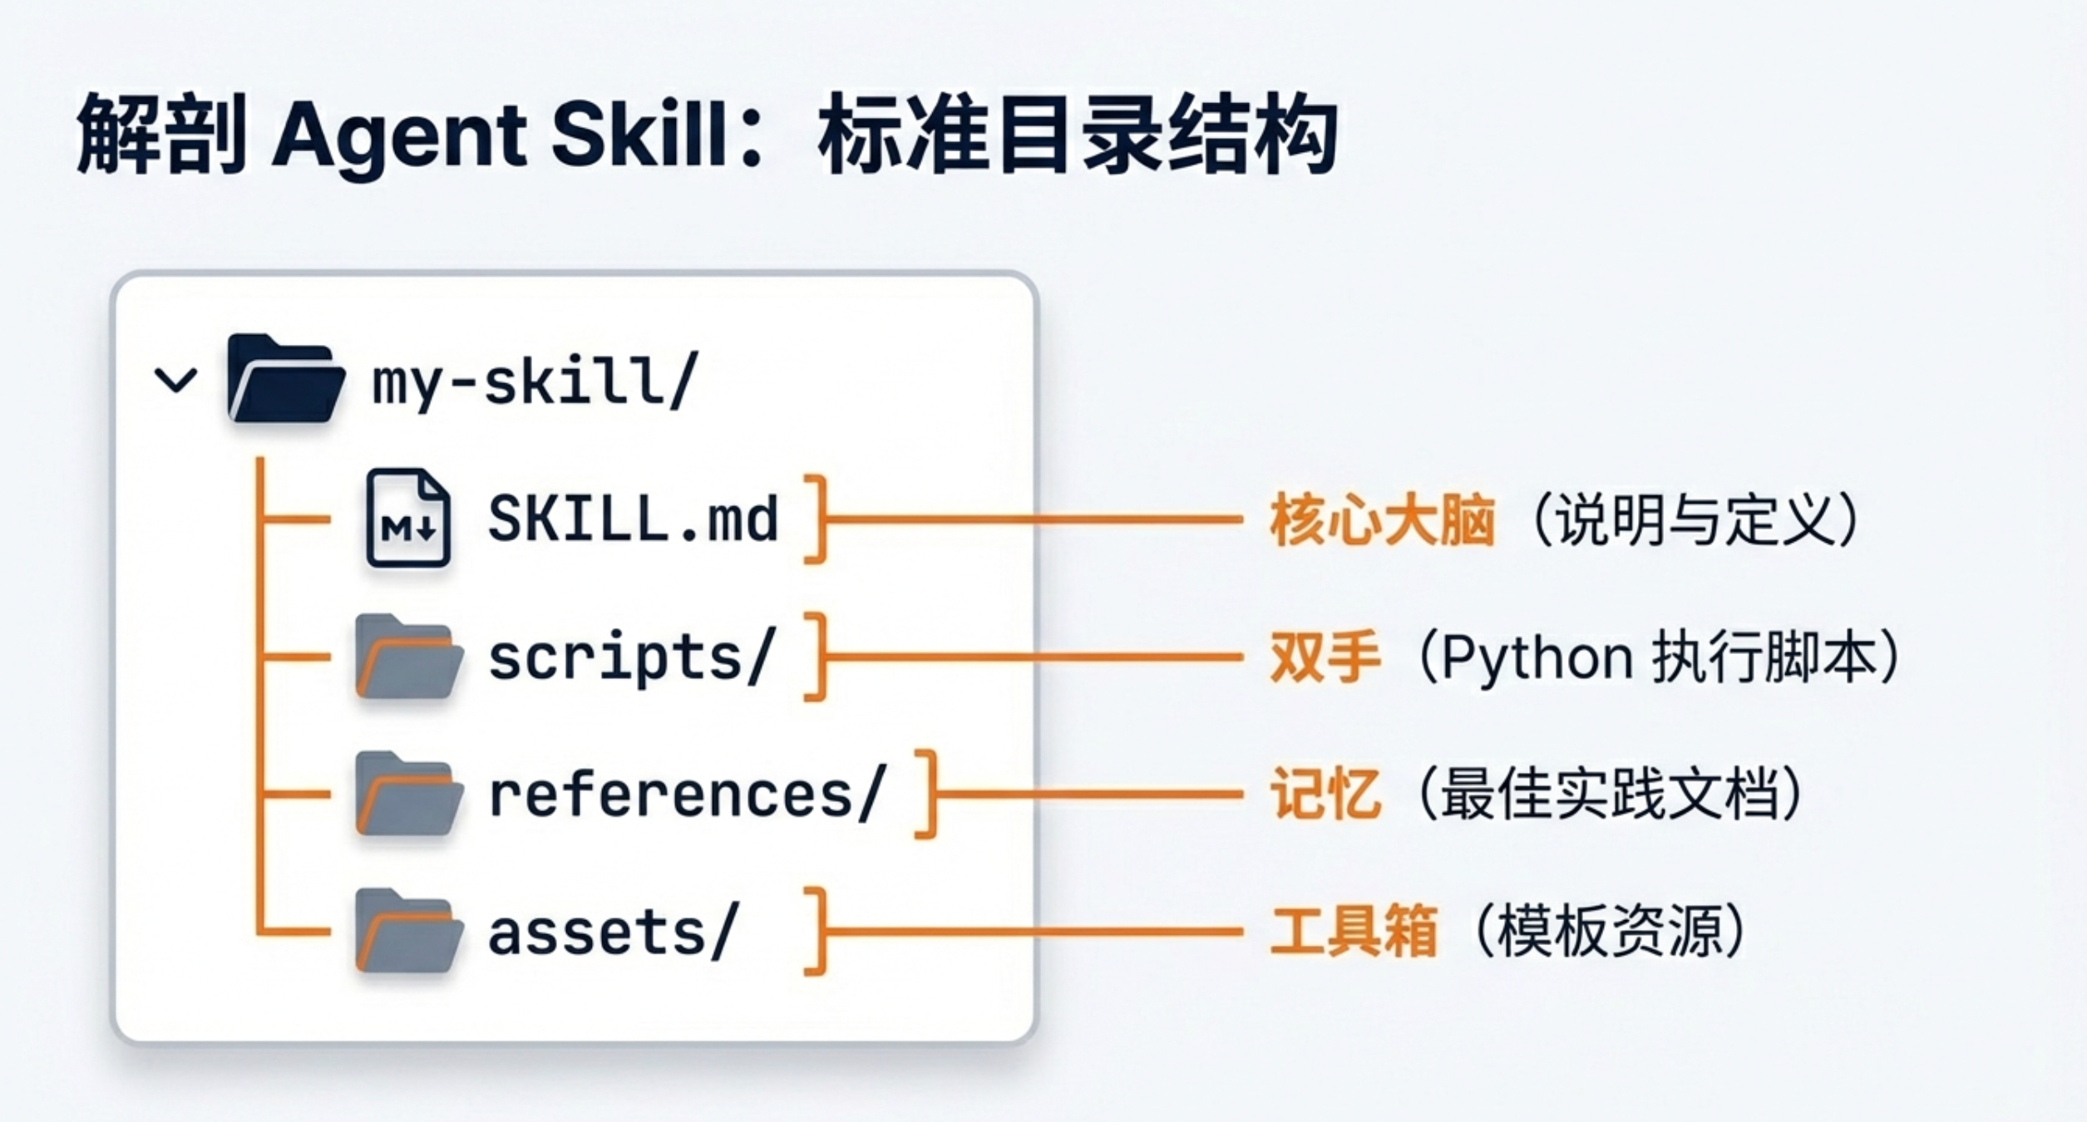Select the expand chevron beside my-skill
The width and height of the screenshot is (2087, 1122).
(176, 381)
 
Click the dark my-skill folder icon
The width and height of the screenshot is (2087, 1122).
(285, 379)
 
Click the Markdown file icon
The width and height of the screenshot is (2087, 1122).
(408, 519)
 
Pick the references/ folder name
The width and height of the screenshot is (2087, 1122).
(687, 795)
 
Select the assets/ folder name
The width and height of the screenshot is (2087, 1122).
(613, 932)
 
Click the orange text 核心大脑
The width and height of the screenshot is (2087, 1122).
(1382, 520)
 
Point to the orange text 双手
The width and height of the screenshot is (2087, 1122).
(1325, 657)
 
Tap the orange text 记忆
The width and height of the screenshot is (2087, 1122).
(1325, 795)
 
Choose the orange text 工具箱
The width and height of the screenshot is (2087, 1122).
(1354, 932)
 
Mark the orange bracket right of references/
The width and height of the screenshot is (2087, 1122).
(928, 795)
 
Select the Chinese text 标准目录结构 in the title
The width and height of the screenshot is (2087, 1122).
(1078, 135)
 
